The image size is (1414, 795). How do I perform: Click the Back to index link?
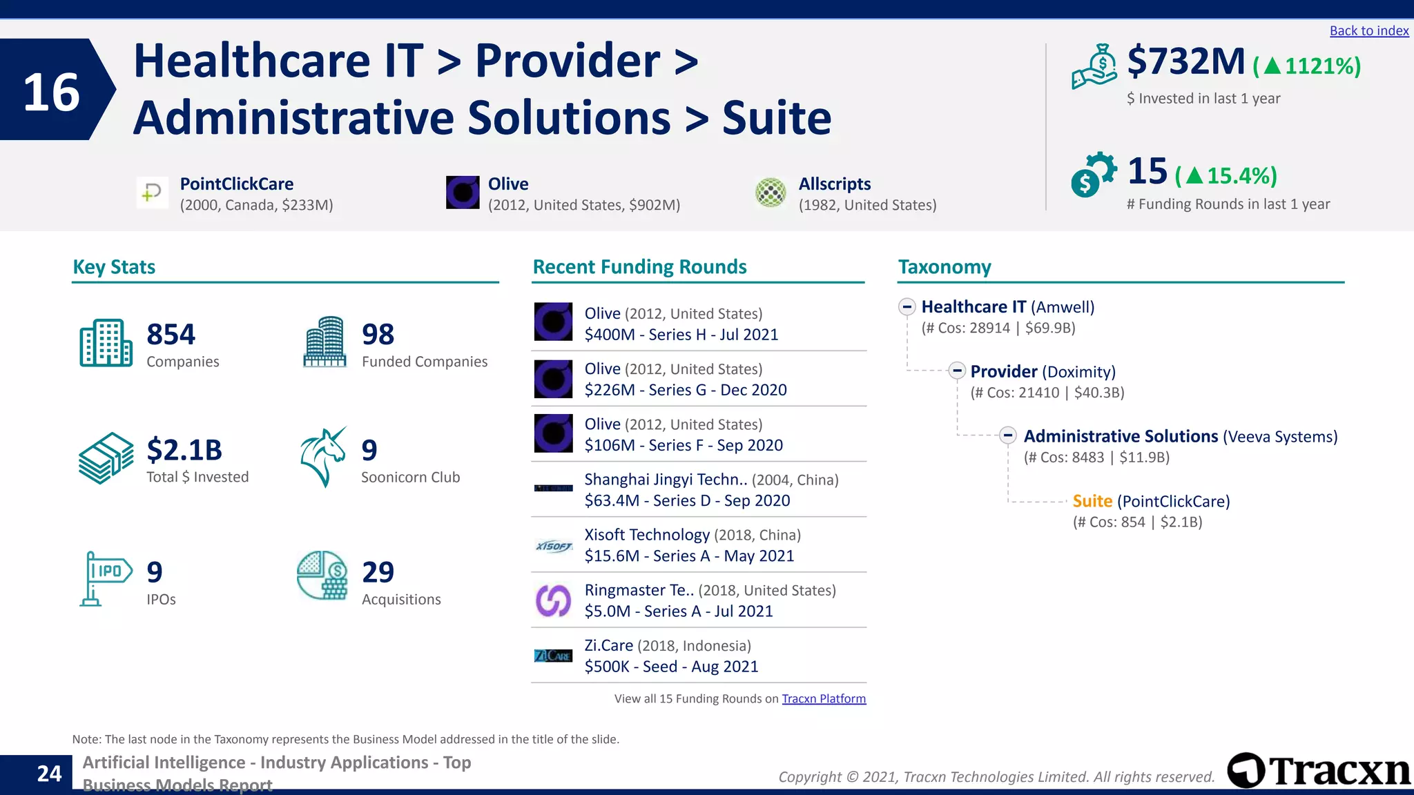pyautogui.click(x=1368, y=31)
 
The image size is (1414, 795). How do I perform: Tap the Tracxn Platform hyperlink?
pyautogui.click(x=823, y=698)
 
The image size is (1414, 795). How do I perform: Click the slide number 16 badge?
pyautogui.click(x=52, y=90)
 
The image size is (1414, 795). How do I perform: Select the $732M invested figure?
pyautogui.click(x=1185, y=61)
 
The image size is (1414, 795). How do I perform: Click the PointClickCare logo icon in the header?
pyautogui.click(x=152, y=193)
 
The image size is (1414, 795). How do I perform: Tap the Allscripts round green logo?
pyautogui.click(x=771, y=193)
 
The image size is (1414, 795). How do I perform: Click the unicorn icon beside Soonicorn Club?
pyautogui.click(x=323, y=458)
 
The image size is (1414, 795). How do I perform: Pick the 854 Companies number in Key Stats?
pyautogui.click(x=171, y=335)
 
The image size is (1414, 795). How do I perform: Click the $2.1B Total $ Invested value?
pyautogui.click(x=184, y=450)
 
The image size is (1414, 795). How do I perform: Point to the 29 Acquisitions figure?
pyautogui.click(x=378, y=572)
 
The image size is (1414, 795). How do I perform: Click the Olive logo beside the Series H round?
pyautogui.click(x=553, y=322)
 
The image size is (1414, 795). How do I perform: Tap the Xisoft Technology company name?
pyautogui.click(x=646, y=535)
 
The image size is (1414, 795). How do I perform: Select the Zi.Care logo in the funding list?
pyautogui.click(x=553, y=656)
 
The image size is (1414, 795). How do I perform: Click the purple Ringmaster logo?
pyautogui.click(x=553, y=600)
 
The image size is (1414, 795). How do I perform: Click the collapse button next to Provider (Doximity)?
pyautogui.click(x=956, y=371)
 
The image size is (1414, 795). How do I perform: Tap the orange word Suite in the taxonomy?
pyautogui.click(x=1092, y=501)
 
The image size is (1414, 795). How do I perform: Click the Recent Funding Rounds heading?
pyautogui.click(x=639, y=267)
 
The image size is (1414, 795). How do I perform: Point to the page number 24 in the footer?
pyautogui.click(x=49, y=774)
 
